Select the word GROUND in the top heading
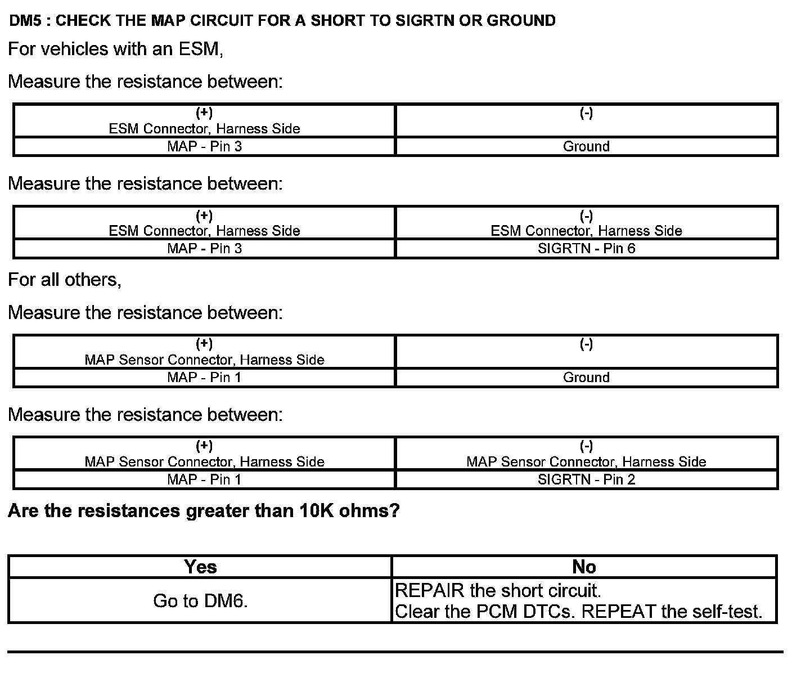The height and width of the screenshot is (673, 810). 521,21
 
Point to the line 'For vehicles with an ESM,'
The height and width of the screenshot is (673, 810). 116,50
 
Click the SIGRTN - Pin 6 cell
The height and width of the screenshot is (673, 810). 586,249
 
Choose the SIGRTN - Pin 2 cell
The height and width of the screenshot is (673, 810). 586,479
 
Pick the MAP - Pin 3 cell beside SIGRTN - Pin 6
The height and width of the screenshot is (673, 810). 205,249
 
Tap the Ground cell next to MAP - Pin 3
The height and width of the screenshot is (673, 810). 586,147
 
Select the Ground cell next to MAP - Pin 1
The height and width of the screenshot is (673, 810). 586,378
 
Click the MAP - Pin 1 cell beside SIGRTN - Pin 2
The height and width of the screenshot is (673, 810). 205,479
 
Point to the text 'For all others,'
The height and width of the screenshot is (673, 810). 65,280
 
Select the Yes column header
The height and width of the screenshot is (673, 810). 200,567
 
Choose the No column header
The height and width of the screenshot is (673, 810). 584,567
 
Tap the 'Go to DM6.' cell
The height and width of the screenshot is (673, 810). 200,601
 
